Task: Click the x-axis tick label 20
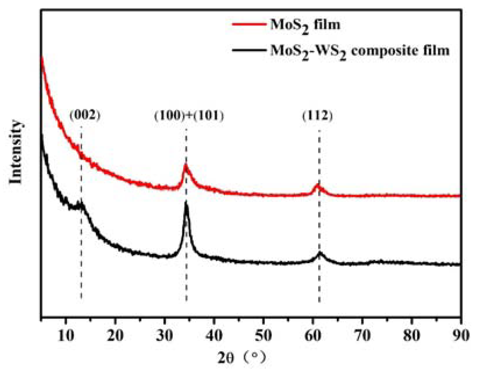click(115, 336)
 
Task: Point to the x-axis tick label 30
click(165, 336)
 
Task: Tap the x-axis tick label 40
click(214, 336)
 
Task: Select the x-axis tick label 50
click(264, 336)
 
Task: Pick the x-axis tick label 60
click(313, 336)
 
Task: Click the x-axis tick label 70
click(362, 336)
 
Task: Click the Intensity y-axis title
click(16, 152)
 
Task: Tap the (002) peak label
click(85, 116)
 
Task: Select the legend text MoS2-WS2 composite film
click(360, 51)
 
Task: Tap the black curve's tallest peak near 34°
click(186, 204)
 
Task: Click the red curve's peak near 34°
click(186, 166)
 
